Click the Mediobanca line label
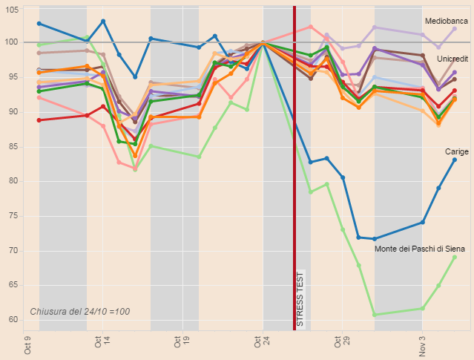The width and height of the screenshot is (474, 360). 447,21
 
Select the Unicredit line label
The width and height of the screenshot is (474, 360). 452,58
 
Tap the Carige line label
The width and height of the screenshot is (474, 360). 456,151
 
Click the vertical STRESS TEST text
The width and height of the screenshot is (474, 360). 300,298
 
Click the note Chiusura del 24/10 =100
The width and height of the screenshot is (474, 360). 79,311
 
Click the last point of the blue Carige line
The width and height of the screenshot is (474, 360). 455,160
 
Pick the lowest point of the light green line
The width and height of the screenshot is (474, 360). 375,315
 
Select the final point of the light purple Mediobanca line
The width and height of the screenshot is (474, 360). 455,28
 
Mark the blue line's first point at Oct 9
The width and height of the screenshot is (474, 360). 39,24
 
